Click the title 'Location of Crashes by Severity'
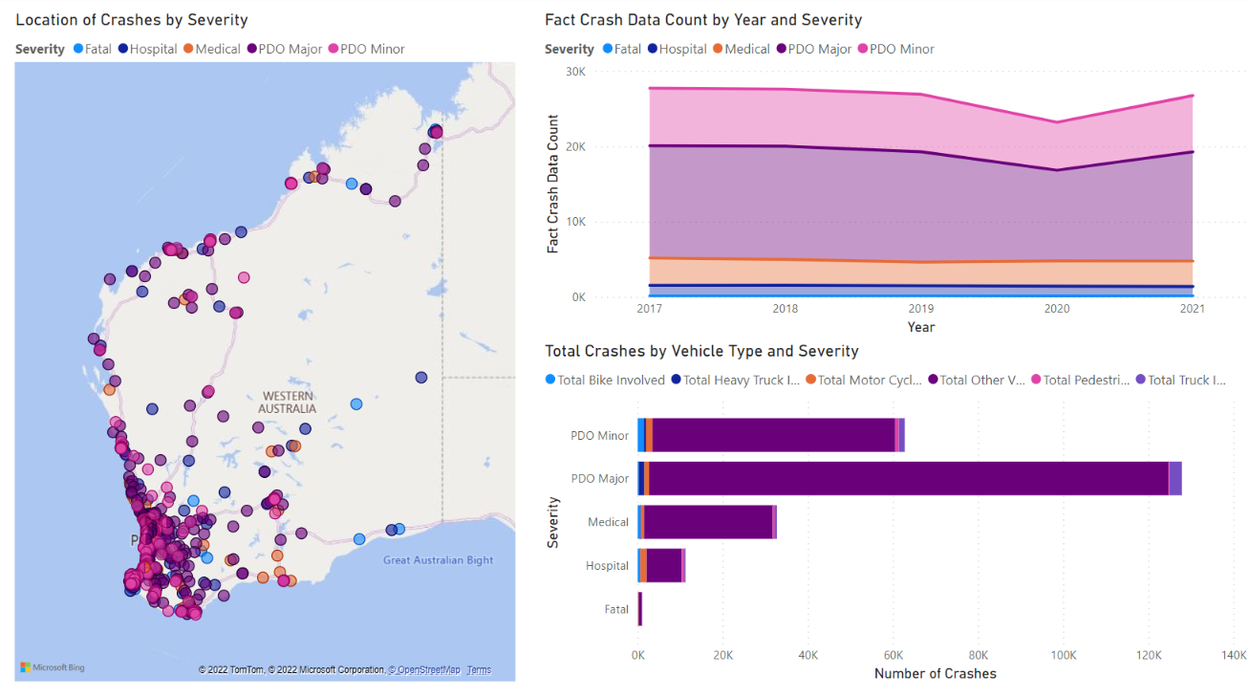(x=132, y=20)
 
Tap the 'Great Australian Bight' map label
(x=438, y=560)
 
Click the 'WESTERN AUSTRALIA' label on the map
(x=289, y=403)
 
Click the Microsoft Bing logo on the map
(x=53, y=667)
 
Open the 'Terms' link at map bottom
(x=479, y=670)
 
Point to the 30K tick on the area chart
(x=573, y=72)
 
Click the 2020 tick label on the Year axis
(x=1057, y=310)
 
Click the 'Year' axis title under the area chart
(x=921, y=327)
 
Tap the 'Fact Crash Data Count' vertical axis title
(x=553, y=185)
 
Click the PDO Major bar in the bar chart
(x=908, y=478)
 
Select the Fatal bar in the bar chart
(x=640, y=609)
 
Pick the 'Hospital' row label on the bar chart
(x=607, y=566)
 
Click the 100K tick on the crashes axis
(x=1063, y=655)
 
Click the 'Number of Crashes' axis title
(x=935, y=674)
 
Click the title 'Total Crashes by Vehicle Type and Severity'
(x=701, y=351)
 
